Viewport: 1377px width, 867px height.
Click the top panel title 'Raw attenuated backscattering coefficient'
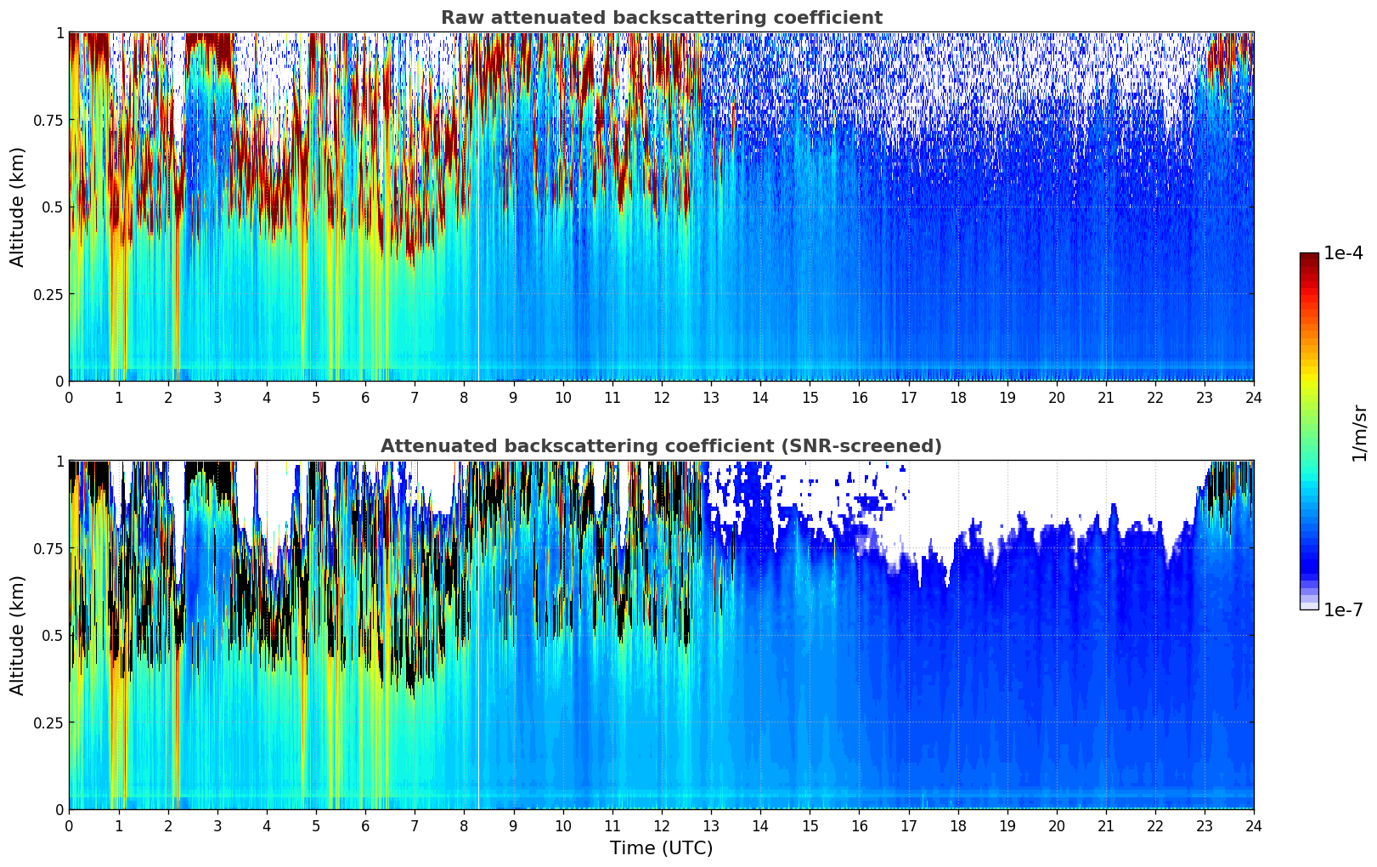[661, 18]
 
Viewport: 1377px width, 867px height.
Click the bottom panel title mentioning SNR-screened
[661, 446]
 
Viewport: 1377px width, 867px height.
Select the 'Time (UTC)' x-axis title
[661, 848]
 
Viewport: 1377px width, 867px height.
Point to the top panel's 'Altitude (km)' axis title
[18, 207]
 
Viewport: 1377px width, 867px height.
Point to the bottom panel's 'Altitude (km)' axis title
[18, 635]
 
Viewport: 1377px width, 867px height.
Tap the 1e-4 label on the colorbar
[1343, 253]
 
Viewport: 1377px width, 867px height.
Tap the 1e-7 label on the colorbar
[1343, 609]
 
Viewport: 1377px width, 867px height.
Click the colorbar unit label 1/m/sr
[1359, 433]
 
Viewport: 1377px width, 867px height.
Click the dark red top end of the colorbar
[1309, 258]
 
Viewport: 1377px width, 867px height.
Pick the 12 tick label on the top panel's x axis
[661, 398]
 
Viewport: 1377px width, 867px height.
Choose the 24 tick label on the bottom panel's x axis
[1253, 826]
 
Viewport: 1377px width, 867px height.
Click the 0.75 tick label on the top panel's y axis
[48, 120]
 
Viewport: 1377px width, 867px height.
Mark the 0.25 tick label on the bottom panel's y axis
[48, 722]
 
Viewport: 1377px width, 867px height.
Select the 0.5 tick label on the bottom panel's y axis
[52, 635]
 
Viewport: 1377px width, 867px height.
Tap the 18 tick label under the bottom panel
[957, 826]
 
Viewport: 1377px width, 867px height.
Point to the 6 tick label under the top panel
[365, 398]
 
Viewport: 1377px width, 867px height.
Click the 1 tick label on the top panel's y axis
[59, 33]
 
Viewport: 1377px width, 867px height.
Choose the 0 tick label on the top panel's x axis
[69, 398]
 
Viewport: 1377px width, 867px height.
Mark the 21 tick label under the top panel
[1105, 398]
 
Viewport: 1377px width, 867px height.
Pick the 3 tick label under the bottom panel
[217, 826]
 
